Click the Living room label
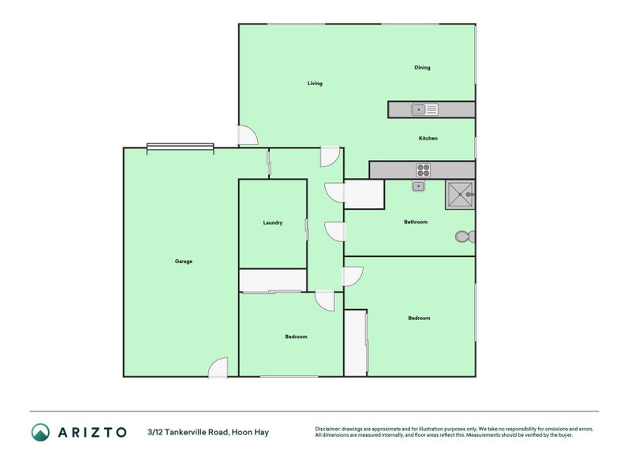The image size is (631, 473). (315, 84)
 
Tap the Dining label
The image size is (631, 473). (422, 68)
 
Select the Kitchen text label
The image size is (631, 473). (428, 139)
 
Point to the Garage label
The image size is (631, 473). (183, 262)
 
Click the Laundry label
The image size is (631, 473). (273, 223)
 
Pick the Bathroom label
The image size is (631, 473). (416, 222)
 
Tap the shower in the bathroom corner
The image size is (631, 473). (460, 194)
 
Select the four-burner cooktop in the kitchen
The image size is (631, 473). (424, 169)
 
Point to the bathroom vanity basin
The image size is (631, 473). (419, 187)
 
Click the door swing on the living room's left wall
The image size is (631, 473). (248, 136)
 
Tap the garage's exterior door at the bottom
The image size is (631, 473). (218, 367)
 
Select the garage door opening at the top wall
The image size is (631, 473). (180, 146)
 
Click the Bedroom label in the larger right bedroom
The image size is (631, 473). (419, 318)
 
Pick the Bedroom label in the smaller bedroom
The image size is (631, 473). (296, 337)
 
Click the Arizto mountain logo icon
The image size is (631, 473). (40, 431)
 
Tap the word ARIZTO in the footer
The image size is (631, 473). (92, 432)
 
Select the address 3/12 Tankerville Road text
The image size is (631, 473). (207, 432)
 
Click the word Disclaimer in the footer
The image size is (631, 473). (330, 429)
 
